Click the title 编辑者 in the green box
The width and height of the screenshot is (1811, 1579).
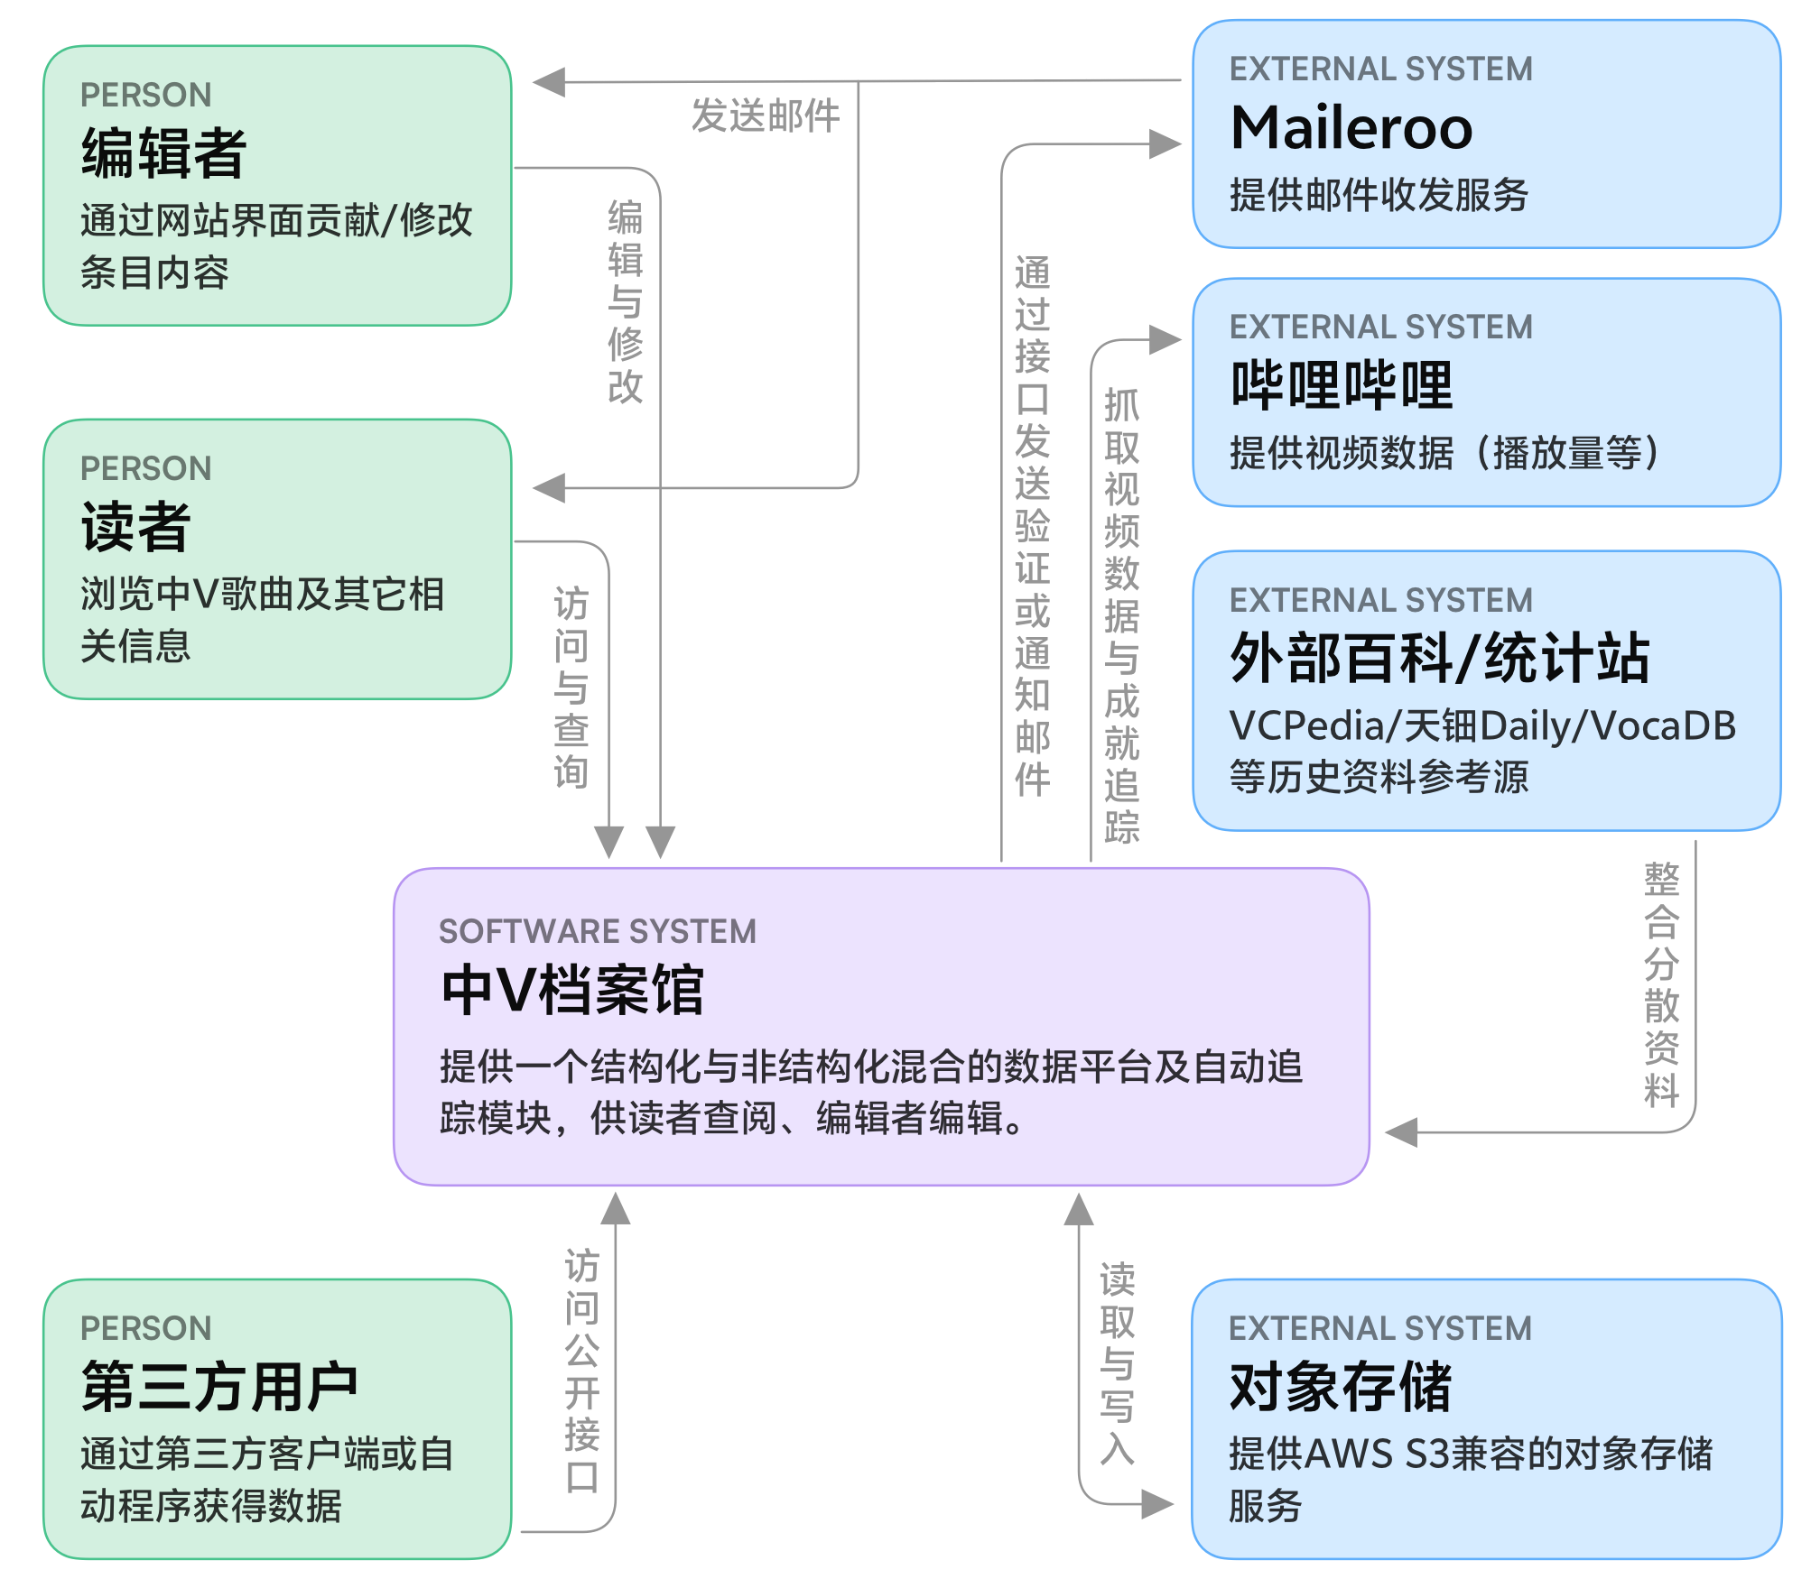[163, 152]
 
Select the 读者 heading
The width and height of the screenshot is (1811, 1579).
[135, 527]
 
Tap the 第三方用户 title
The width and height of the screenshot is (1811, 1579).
[219, 1387]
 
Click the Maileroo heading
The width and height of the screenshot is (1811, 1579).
[1351, 128]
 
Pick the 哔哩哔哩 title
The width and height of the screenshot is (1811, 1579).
[1342, 385]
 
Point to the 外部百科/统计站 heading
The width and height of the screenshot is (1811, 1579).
[1440, 659]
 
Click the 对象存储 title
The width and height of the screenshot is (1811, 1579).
[1341, 1387]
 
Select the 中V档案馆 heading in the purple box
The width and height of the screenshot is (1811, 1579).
[572, 991]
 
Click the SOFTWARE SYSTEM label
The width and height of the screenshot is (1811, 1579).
[598, 931]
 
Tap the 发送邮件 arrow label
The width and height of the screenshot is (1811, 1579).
[766, 116]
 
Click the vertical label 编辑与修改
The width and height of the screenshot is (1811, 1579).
[625, 301]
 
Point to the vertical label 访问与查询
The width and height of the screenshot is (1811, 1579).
[571, 688]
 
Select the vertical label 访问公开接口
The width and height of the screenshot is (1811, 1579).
[581, 1371]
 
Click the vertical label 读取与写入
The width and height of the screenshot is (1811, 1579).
[1117, 1363]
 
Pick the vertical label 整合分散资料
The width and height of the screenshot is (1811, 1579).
[1661, 984]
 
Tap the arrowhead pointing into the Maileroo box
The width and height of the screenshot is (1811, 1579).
[1166, 143]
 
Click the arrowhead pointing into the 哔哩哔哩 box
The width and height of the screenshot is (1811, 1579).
[1166, 340]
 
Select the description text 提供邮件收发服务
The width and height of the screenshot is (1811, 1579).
[1379, 195]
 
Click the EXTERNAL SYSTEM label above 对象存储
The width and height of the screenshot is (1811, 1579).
[1380, 1328]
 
